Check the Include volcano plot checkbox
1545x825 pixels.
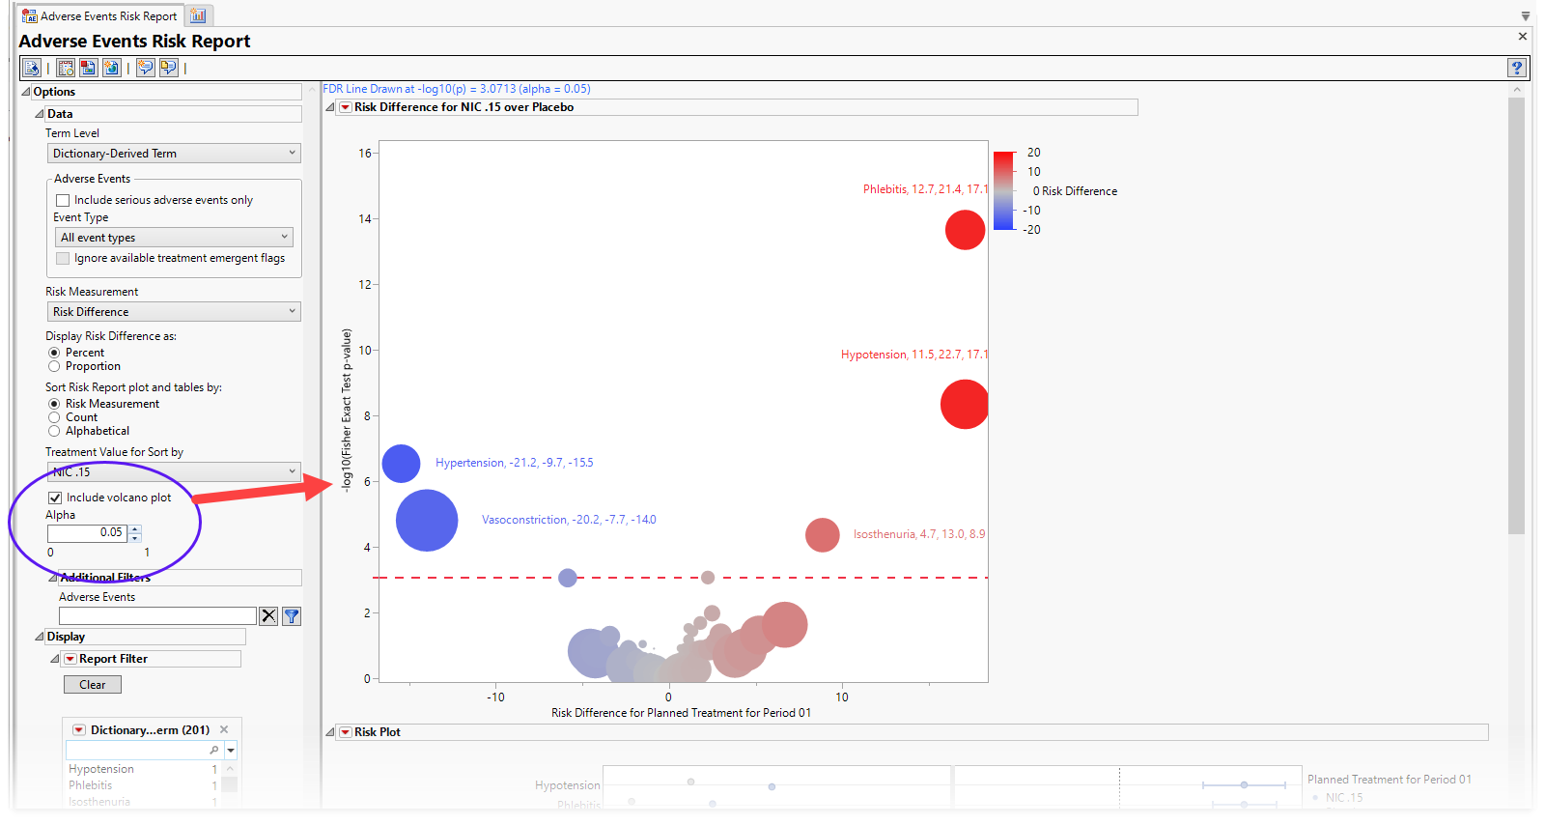pyautogui.click(x=55, y=498)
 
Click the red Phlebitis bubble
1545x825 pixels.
pyautogui.click(x=965, y=230)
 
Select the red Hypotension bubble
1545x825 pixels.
pyautogui.click(x=964, y=404)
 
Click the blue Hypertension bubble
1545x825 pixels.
pyautogui.click(x=401, y=464)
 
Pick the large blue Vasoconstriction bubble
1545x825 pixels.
pyautogui.click(x=427, y=521)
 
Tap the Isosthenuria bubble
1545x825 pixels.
pyautogui.click(x=822, y=534)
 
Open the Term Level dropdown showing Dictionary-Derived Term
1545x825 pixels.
pyautogui.click(x=174, y=154)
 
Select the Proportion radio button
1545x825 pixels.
pyautogui.click(x=54, y=366)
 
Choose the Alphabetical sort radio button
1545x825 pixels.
pyautogui.click(x=54, y=431)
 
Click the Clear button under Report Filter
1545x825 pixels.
pyautogui.click(x=93, y=684)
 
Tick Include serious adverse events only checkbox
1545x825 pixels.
pyautogui.click(x=63, y=200)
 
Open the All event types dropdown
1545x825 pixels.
pyautogui.click(x=174, y=238)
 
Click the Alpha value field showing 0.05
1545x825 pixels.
pyautogui.click(x=88, y=532)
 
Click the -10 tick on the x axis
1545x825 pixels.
pyautogui.click(x=495, y=697)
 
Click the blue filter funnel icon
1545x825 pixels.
pyautogui.click(x=292, y=616)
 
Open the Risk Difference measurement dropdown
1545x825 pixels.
pyautogui.click(x=174, y=312)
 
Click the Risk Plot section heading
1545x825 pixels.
pyautogui.click(x=377, y=732)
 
